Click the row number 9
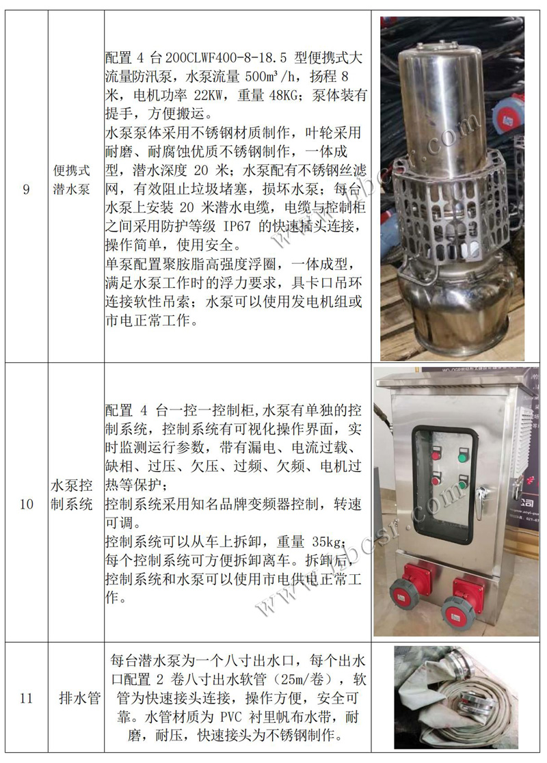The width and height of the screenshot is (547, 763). (x=26, y=189)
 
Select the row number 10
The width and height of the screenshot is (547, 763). (x=26, y=504)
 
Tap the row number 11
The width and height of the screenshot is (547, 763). (x=26, y=698)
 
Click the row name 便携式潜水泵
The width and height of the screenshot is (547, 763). (x=72, y=180)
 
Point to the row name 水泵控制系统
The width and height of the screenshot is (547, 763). (x=72, y=494)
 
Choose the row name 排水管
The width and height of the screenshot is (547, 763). (x=79, y=698)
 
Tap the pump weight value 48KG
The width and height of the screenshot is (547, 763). (x=283, y=96)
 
